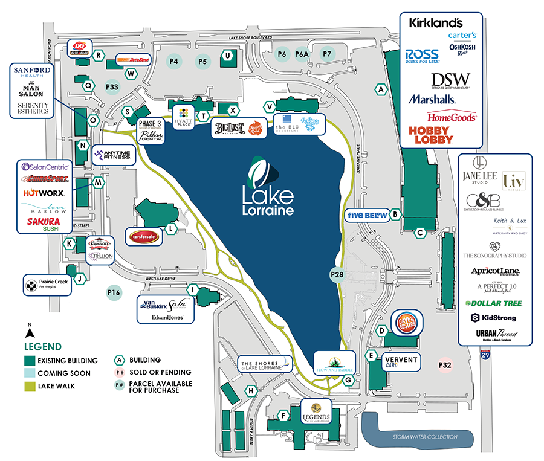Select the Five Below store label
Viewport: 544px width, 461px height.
tap(366, 214)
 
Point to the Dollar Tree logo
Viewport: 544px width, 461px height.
tap(495, 302)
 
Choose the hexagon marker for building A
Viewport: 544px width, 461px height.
tap(380, 89)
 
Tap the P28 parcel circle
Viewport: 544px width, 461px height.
tap(337, 275)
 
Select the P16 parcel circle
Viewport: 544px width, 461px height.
tap(114, 294)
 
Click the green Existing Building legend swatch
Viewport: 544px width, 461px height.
tap(28, 361)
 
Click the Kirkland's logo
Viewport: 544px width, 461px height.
tap(436, 23)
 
